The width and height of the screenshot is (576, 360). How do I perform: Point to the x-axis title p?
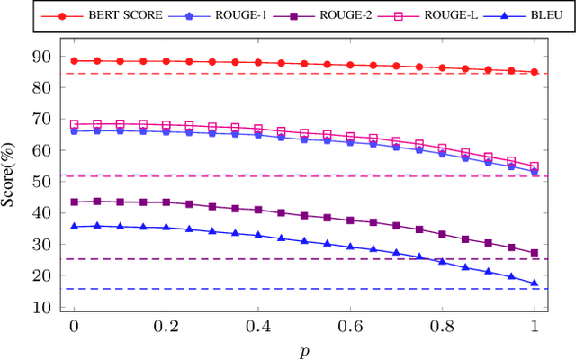pos(304,348)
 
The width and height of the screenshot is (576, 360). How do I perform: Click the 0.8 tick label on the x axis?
pos(443,326)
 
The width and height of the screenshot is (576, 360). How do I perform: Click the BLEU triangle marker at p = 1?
pos(535,283)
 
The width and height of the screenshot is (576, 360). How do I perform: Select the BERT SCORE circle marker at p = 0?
pos(74,61)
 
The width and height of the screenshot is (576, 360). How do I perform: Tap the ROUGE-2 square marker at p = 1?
pos(535,253)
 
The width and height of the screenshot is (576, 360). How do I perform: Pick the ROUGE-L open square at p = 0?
pos(74,124)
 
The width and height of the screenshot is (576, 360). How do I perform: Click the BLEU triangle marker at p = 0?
pos(74,226)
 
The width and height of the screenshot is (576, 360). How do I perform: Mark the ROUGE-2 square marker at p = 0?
pos(74,202)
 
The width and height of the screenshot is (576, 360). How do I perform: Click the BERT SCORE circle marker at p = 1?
pos(535,72)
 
